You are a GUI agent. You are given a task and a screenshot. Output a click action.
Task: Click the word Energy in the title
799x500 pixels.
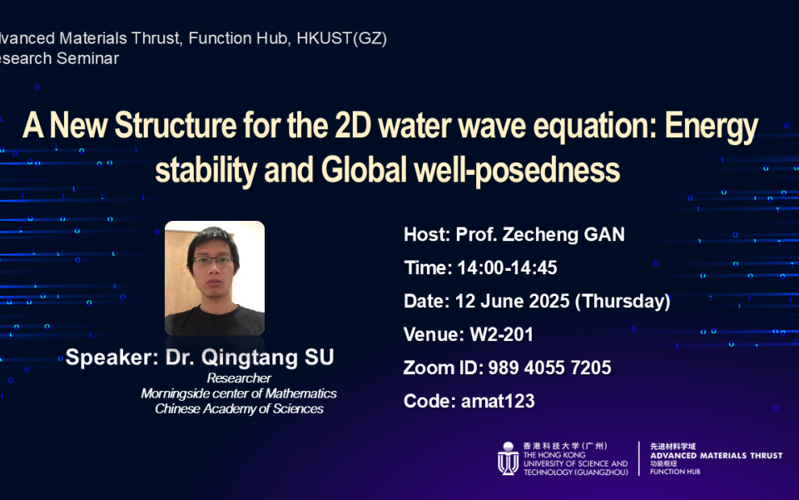coord(712,127)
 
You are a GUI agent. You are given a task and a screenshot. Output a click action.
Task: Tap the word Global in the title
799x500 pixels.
coord(364,170)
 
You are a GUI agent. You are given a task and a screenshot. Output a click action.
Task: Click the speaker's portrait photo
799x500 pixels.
coord(215,278)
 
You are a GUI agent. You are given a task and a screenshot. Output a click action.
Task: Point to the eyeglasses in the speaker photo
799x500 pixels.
coord(213,261)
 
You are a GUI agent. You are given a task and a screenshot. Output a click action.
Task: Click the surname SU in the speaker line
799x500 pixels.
coord(319,357)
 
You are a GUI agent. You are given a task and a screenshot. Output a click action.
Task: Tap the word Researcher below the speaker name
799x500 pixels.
coord(239,378)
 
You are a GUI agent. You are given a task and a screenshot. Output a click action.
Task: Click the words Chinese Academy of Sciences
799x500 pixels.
coord(239,408)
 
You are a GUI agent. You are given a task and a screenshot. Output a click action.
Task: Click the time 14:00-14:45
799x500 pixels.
coord(507,267)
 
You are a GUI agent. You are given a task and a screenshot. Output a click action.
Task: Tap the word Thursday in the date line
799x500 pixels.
coord(623,301)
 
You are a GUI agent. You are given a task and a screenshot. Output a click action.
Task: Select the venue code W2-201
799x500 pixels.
coord(501,335)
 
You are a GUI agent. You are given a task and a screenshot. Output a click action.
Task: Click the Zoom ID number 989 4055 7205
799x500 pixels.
coord(550,367)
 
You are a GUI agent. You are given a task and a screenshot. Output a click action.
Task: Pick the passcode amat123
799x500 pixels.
coord(498,401)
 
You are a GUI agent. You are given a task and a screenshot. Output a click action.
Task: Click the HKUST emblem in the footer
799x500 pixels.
coord(508,458)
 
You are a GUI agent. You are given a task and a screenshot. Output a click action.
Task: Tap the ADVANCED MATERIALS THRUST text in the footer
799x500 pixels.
coord(716,456)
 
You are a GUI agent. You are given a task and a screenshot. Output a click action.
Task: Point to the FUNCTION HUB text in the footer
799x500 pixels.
coord(675,472)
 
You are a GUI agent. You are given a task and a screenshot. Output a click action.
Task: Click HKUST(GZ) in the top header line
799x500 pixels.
coord(341,38)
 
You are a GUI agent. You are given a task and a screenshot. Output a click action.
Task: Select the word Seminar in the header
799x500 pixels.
coord(87,58)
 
